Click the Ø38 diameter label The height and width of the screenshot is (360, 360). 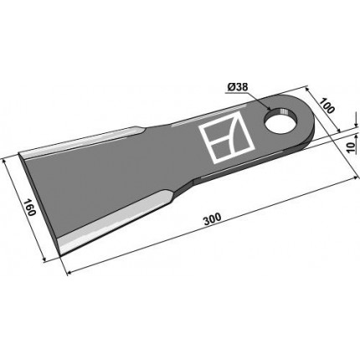238,88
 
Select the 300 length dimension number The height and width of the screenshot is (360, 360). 213,219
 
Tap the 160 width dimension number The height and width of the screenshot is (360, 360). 29,208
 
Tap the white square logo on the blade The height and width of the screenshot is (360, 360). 226,139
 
